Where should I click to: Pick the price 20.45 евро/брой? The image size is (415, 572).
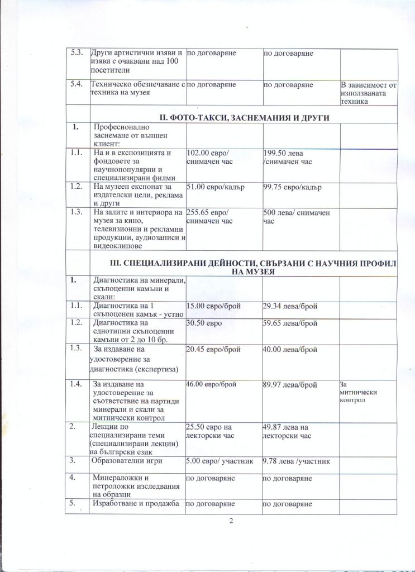(x=213, y=350)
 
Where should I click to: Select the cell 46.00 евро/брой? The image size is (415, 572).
(x=213, y=385)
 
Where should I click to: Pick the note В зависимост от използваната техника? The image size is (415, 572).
(x=369, y=92)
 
